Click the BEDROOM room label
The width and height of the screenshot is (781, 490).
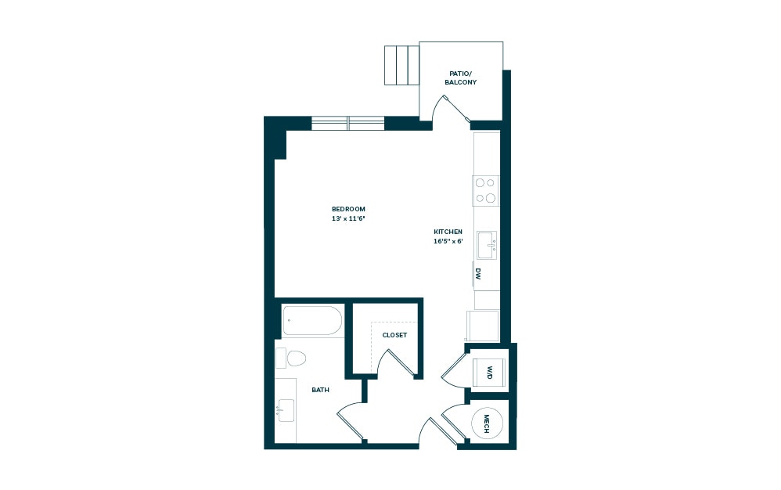tap(348, 209)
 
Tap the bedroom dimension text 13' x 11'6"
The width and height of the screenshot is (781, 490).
tap(348, 218)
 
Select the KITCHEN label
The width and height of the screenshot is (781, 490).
tap(448, 232)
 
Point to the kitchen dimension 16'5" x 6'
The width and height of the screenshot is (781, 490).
tap(448, 241)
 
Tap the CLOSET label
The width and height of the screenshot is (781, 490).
tap(394, 335)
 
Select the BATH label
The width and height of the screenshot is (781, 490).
tap(320, 389)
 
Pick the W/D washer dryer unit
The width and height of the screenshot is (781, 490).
tap(489, 372)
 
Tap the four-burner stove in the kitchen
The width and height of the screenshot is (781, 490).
tap(486, 190)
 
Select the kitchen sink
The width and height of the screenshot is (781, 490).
tap(487, 245)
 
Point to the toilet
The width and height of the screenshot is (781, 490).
tap(291, 358)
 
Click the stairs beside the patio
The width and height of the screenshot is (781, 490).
tap(401, 65)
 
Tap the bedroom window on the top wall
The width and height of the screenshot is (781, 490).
tap(347, 123)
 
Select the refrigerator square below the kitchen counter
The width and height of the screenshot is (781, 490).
tap(483, 325)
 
